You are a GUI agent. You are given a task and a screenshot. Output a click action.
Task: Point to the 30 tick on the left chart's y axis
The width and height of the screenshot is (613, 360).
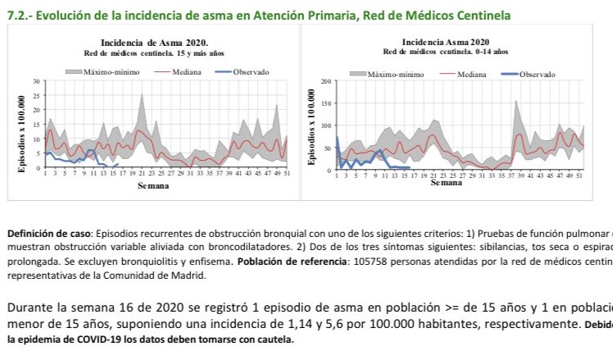click(36, 81)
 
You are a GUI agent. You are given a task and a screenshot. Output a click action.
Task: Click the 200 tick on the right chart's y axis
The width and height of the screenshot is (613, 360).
click(325, 82)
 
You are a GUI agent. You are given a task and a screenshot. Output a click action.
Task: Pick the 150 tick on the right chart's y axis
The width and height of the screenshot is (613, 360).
click(325, 103)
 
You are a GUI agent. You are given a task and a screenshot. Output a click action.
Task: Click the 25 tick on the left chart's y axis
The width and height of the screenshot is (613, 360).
click(36, 96)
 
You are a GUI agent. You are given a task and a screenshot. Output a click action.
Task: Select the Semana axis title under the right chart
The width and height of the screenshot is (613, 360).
click(447, 182)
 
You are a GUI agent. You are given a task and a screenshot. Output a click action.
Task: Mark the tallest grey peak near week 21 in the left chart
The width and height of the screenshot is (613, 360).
click(142, 94)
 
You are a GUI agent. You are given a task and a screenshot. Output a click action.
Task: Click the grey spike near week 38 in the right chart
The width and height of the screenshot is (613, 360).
click(515, 102)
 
